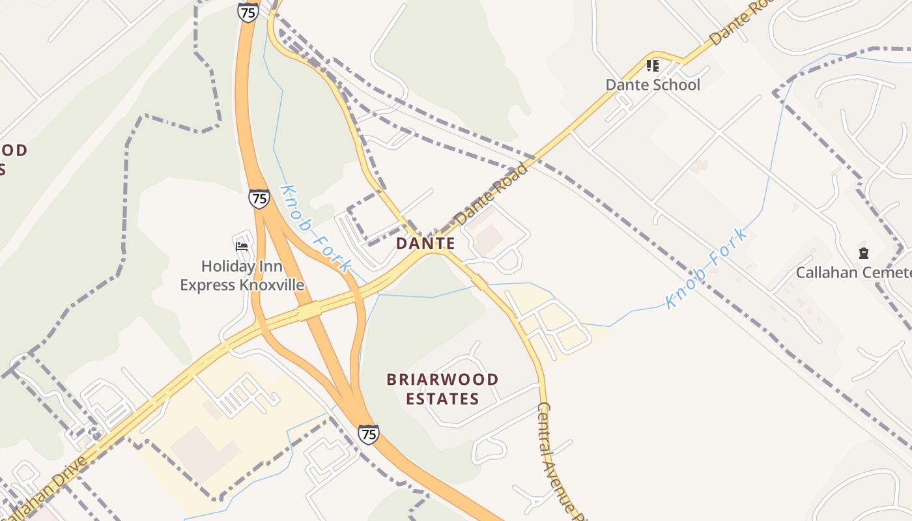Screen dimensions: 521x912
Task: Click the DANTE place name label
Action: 425,244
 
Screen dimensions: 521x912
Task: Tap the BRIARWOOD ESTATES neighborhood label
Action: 442,389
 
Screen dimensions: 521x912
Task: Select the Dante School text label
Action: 653,85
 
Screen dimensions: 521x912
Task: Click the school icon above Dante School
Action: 653,65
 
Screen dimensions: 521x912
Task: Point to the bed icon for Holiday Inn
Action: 242,246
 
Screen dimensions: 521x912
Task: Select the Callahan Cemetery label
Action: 853,272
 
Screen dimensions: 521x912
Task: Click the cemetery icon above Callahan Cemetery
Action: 864,253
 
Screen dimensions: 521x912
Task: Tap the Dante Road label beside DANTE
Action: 491,194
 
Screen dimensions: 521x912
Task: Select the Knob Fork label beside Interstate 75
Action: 315,228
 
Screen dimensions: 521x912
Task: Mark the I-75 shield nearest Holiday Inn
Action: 259,199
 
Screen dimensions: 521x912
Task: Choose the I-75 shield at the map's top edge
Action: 248,12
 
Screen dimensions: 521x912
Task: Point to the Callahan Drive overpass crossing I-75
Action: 310,312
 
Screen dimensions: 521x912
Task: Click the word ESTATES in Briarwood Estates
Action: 442,399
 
